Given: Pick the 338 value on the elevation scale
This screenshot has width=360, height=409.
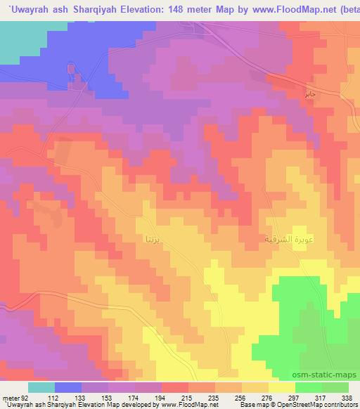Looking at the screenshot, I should pos(347,397).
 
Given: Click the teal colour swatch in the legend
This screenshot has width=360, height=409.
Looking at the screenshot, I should pos(41,387).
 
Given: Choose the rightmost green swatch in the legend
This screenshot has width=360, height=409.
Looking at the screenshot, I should pos(335,387).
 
